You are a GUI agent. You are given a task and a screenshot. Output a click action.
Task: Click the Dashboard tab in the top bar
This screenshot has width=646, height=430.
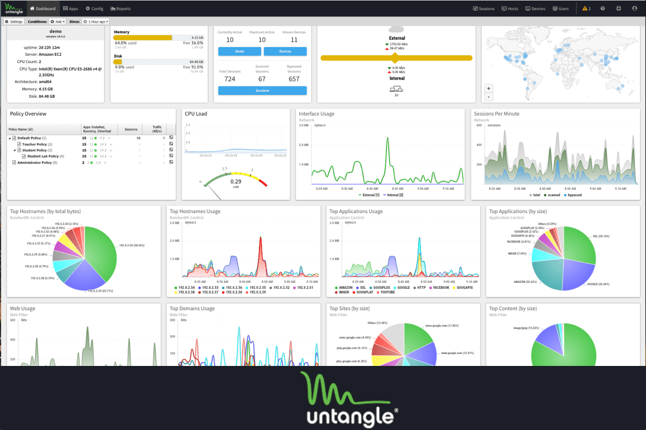click(x=43, y=9)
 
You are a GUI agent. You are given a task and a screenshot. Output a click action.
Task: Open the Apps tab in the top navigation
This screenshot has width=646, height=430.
click(x=71, y=9)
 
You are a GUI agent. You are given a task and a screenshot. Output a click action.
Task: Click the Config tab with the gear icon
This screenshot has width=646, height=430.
click(x=94, y=9)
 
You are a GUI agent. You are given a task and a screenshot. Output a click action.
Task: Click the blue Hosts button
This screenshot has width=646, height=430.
click(x=239, y=52)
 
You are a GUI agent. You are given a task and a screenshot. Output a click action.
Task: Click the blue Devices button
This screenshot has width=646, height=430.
click(x=285, y=52)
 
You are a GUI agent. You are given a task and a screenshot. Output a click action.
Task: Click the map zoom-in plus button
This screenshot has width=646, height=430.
click(x=489, y=88)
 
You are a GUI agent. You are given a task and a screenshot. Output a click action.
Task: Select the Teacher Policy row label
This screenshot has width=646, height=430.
click(x=37, y=144)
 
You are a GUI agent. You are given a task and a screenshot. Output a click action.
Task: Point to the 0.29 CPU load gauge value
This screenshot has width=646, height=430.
click(x=236, y=181)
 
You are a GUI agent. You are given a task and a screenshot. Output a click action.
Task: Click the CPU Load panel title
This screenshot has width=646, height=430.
click(x=196, y=113)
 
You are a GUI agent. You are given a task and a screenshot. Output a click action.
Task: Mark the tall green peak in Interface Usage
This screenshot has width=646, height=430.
click(x=378, y=133)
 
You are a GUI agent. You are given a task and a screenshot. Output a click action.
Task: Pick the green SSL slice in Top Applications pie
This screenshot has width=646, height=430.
click(x=579, y=243)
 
